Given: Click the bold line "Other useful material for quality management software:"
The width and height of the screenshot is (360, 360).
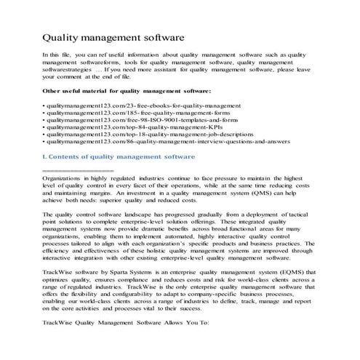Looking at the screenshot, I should tap(127, 91).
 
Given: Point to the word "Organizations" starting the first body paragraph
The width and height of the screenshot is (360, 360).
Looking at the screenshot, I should tap(65, 177).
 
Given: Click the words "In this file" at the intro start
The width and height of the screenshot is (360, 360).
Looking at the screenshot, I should tap(60, 54).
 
